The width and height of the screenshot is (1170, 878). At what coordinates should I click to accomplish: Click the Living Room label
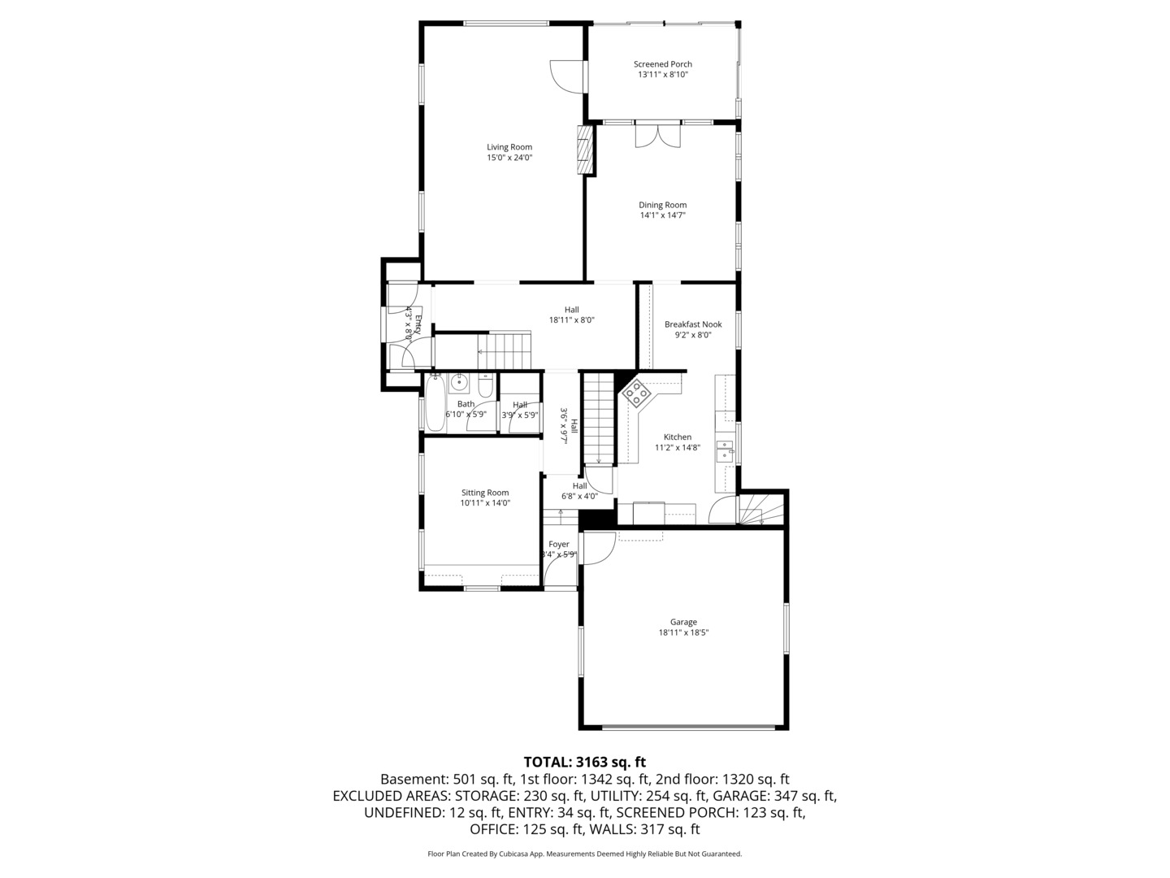(509, 147)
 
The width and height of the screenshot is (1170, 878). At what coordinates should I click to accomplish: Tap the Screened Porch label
(663, 64)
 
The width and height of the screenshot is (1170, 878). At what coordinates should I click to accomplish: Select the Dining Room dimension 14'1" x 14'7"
(662, 215)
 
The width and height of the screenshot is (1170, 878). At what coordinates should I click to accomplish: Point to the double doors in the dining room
(657, 135)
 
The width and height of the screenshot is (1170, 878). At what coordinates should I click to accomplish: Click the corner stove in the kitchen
(636, 393)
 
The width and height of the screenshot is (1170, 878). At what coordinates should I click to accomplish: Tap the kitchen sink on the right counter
(725, 450)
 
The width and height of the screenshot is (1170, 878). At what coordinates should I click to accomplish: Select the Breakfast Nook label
(693, 324)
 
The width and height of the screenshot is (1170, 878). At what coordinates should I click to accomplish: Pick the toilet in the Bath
(485, 388)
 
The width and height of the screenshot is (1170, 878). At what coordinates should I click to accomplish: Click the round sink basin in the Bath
(459, 380)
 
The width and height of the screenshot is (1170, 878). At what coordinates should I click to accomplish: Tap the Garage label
(683, 622)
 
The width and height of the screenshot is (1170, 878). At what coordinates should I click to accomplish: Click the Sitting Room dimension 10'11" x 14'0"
(485, 503)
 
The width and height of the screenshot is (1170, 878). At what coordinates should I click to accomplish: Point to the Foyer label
(559, 544)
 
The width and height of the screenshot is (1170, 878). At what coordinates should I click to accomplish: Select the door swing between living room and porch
(563, 76)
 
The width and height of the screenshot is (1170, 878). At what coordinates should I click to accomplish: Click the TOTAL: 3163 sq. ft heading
(584, 762)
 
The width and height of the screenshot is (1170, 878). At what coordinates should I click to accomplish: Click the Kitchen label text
(678, 437)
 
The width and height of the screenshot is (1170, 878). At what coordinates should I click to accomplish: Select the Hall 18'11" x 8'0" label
(572, 315)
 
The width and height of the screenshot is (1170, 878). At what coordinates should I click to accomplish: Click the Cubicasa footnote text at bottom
(584, 854)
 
